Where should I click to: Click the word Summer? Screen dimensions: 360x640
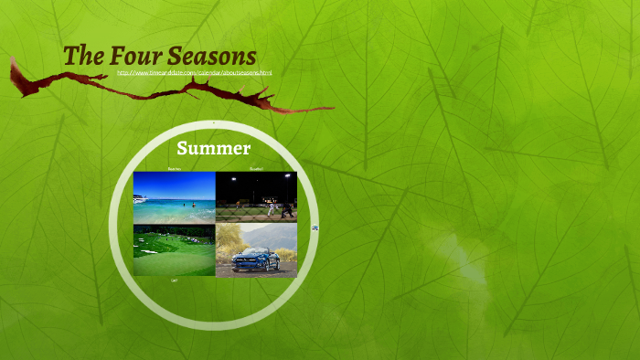click(214, 148)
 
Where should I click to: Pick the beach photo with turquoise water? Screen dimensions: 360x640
click(174, 197)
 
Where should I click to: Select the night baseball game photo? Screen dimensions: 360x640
click(256, 197)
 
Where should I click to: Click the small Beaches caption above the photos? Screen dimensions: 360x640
click(174, 169)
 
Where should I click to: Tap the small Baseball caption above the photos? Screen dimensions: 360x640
click(256, 169)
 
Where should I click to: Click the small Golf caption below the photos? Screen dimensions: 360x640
click(175, 281)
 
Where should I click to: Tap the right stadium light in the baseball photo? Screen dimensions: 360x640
click(287, 177)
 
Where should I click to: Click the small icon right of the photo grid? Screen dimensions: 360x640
click(315, 228)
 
